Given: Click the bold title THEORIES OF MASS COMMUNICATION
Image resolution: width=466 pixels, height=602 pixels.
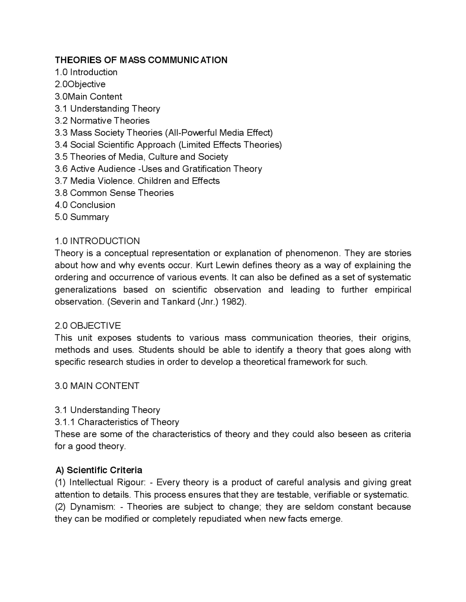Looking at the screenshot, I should [x=141, y=60].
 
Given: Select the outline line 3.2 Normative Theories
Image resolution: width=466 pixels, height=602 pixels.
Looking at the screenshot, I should [x=102, y=121].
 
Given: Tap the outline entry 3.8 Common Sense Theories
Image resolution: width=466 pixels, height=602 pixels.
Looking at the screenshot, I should [x=114, y=193].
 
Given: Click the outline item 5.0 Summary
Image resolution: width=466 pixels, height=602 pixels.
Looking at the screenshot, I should [x=82, y=217].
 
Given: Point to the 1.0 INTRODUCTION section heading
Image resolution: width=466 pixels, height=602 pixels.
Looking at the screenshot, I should [x=97, y=241].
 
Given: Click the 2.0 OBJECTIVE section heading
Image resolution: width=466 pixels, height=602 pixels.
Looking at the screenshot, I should [x=88, y=325].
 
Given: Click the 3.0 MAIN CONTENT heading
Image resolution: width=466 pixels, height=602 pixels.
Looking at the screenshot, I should [x=97, y=386].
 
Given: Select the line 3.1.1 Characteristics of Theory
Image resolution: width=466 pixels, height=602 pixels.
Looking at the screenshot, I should [x=117, y=422].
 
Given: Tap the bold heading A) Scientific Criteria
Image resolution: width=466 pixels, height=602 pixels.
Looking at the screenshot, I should [x=99, y=470].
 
